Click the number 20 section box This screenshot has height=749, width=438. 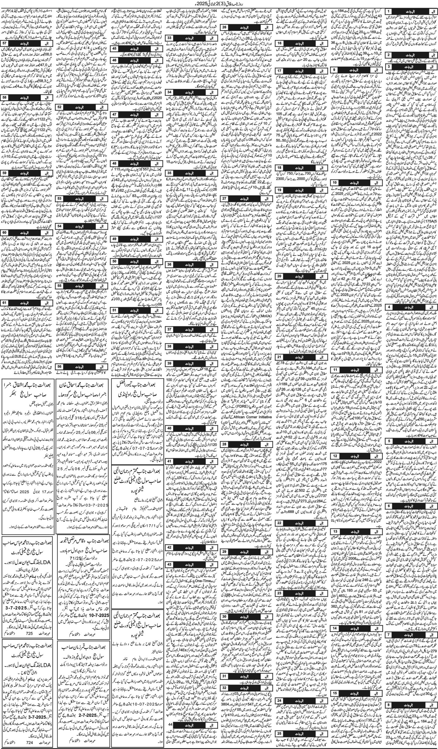coord(280,276)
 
